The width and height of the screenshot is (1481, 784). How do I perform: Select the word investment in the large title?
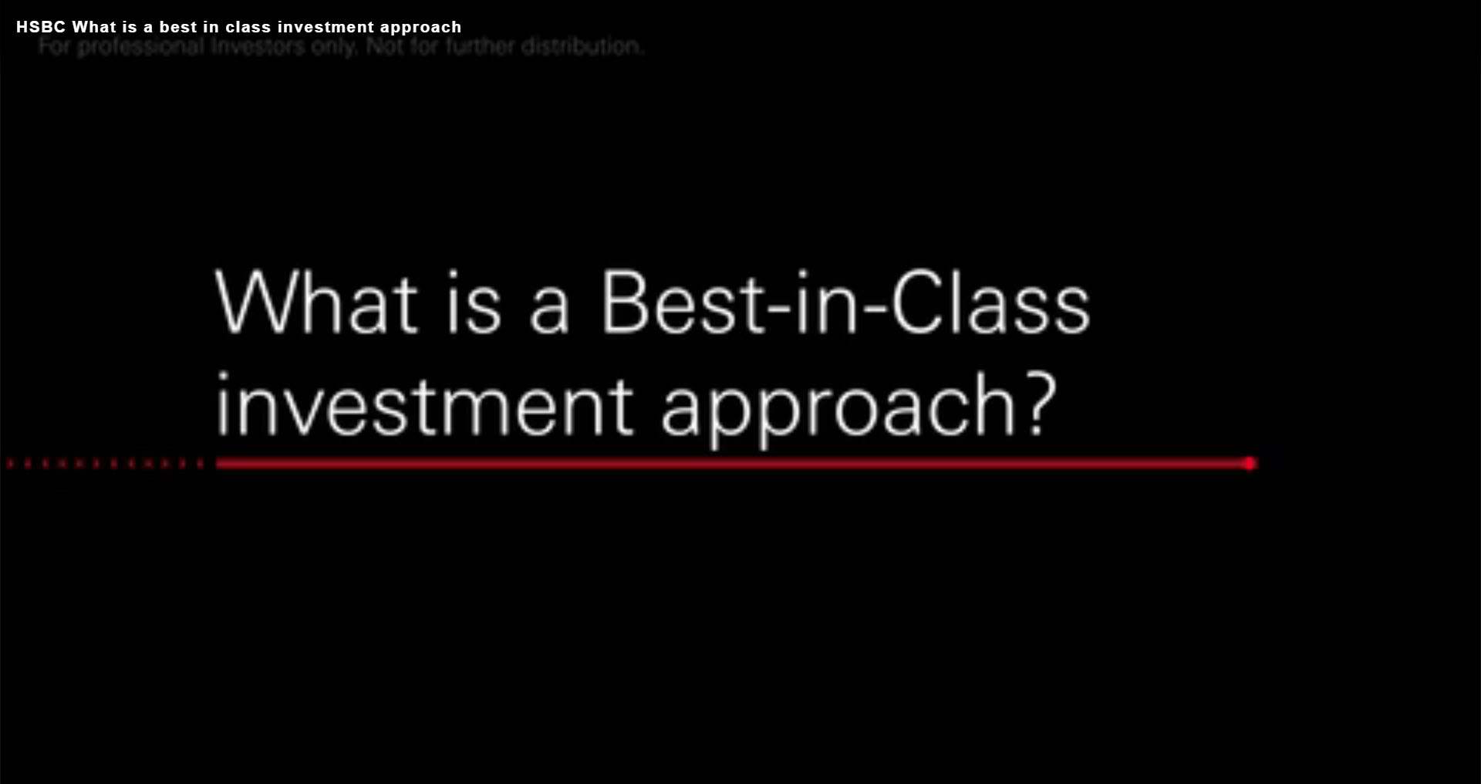click(424, 405)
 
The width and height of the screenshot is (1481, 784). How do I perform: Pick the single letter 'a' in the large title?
click(549, 309)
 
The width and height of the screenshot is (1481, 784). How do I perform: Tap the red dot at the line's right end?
click(1250, 463)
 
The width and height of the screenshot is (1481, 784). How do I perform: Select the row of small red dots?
click(104, 464)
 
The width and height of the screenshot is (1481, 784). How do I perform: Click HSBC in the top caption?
click(41, 27)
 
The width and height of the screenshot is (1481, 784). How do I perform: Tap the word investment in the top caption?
click(326, 27)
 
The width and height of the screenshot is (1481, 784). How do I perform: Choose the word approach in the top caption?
click(420, 28)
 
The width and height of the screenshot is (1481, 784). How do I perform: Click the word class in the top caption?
click(248, 27)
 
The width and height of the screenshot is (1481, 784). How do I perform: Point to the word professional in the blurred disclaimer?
click(140, 47)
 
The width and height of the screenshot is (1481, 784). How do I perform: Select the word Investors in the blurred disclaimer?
click(258, 47)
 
